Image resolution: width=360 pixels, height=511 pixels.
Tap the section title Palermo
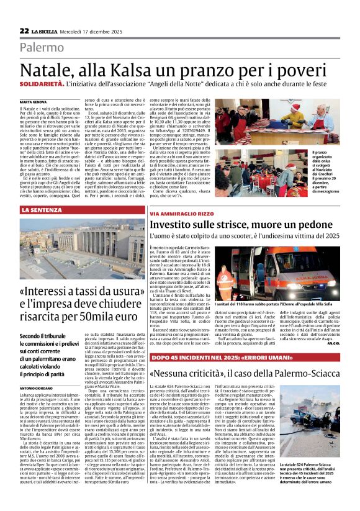point(42,48)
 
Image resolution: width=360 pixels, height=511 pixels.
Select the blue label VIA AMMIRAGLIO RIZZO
point(181,214)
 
